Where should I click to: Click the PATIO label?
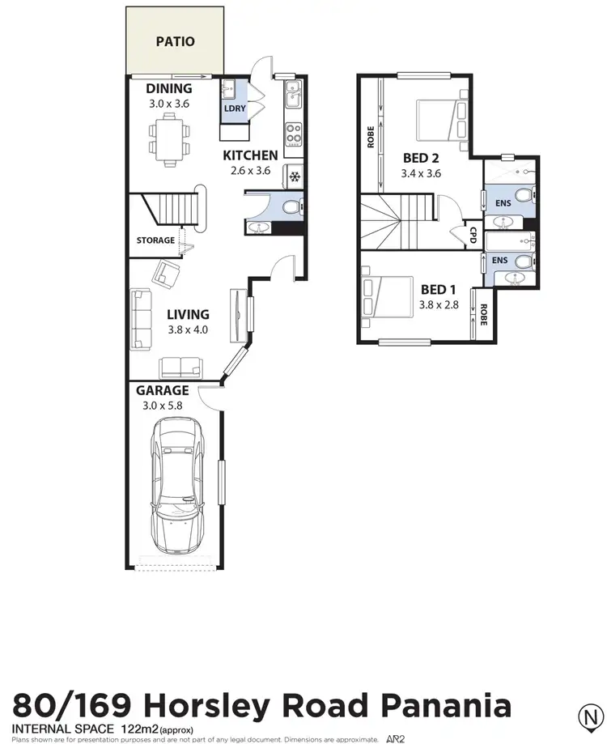175,40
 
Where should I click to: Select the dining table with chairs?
168,134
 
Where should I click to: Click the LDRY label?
235,108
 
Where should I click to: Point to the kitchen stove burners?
293,132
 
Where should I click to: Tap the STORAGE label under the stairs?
155,240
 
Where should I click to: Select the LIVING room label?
188,314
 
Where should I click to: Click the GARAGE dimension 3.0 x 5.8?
162,406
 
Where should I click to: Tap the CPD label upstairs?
473,234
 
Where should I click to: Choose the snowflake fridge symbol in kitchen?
295,176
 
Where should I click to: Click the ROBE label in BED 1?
483,314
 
